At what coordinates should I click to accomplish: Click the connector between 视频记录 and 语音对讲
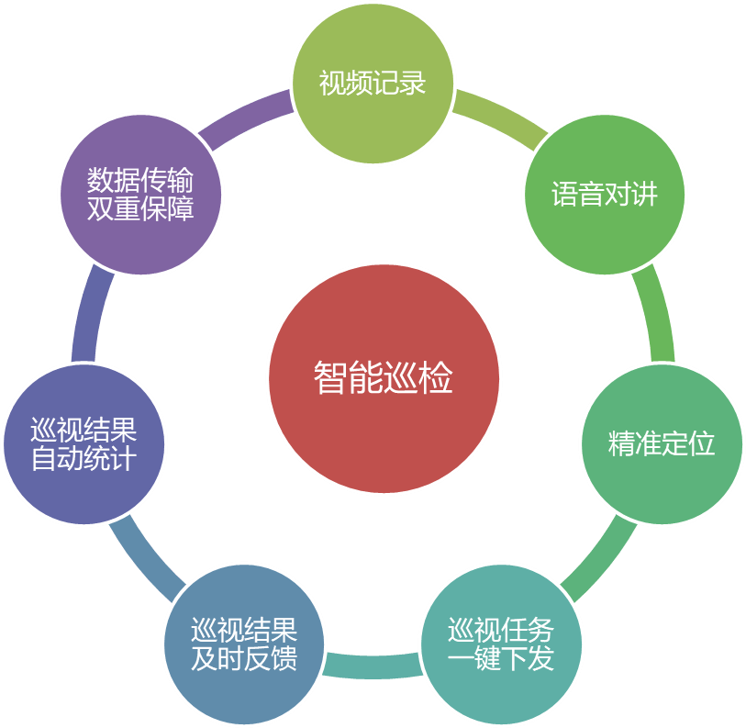pos(501,118)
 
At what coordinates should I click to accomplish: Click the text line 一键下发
pos(501,659)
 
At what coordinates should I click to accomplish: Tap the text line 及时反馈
pos(244,659)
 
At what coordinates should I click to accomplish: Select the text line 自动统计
pos(84,459)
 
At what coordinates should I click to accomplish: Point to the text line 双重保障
pos(140,208)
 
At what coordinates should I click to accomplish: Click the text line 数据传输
pos(140,178)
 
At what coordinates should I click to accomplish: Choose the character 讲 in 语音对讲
pos(644,195)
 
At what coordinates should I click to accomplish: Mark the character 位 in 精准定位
pos(702,444)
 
